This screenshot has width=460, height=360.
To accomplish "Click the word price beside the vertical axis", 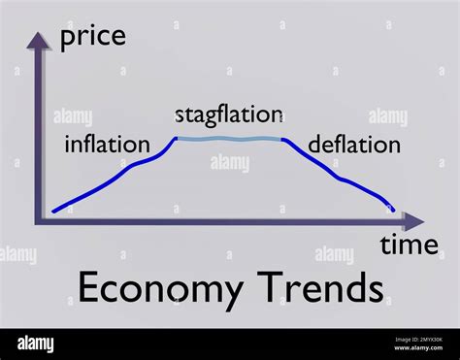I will click(93, 39).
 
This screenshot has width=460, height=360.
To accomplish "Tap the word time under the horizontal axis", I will click(409, 245).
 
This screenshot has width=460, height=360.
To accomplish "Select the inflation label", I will click(107, 145).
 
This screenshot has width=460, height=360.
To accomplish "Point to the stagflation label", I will click(229, 115).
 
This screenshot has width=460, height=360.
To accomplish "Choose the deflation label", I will click(353, 145).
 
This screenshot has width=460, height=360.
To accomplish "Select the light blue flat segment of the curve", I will click(229, 140).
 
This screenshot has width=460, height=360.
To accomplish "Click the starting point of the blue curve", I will click(53, 210).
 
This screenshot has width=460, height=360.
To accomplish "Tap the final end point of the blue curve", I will click(395, 210).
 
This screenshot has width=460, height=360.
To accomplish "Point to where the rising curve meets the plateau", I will click(176, 139).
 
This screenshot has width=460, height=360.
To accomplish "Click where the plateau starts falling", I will click(283, 139).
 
